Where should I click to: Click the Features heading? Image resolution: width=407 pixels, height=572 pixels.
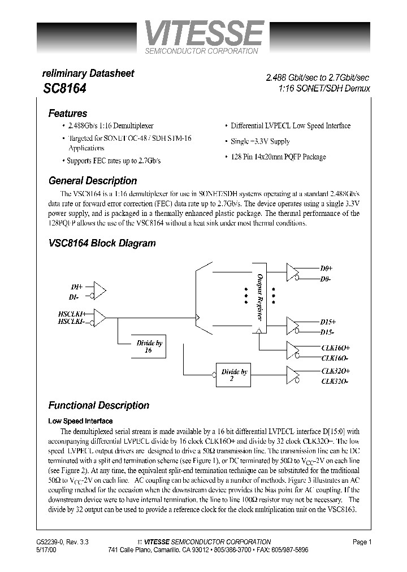(x=68, y=113)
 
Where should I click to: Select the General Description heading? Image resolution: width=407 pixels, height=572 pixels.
(x=93, y=181)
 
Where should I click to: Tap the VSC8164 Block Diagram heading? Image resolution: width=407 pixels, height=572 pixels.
(x=102, y=243)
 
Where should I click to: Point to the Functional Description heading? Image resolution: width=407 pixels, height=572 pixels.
(x=98, y=405)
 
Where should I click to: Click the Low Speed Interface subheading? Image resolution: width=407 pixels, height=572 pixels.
(x=80, y=421)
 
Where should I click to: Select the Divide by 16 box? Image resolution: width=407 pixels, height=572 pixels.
(x=149, y=346)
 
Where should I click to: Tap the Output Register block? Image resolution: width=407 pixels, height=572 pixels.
(x=259, y=298)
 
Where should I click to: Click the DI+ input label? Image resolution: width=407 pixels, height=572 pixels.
(x=76, y=287)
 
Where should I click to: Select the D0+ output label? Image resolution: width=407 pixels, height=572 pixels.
(x=326, y=269)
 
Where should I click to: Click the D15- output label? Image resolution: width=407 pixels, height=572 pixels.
(x=327, y=332)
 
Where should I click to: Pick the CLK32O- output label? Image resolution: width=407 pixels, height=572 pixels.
(x=335, y=381)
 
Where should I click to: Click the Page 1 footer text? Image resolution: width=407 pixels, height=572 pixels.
(x=362, y=542)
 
